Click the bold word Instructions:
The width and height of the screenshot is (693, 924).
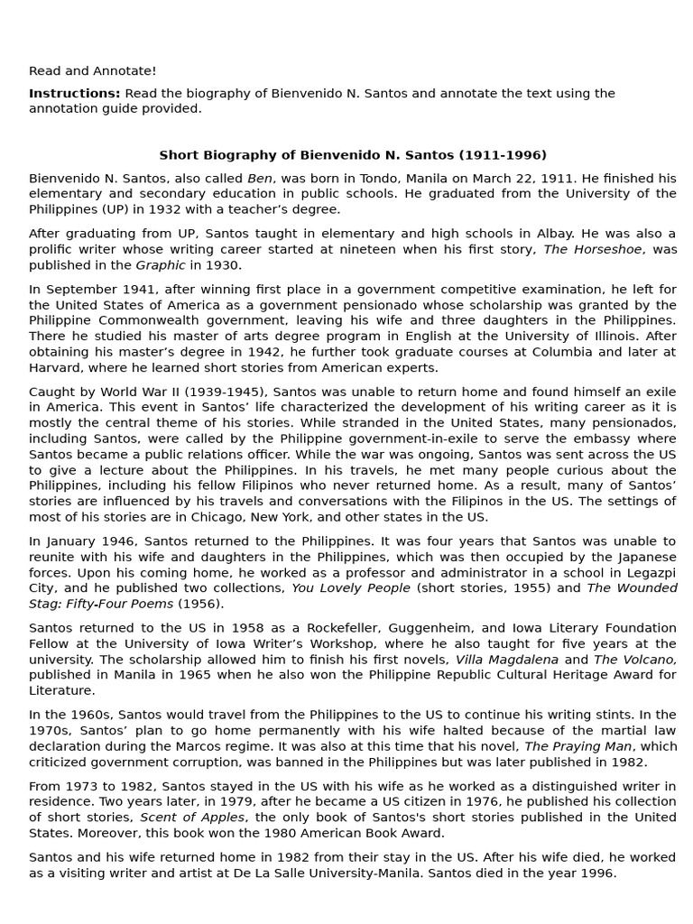tap(74, 93)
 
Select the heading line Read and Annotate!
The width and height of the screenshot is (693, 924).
tap(92, 70)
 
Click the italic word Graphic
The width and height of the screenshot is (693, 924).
tap(161, 264)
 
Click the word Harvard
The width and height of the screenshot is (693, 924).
tap(56, 367)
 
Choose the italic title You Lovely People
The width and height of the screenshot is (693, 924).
tap(350, 587)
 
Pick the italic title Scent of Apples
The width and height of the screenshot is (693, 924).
tap(192, 817)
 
